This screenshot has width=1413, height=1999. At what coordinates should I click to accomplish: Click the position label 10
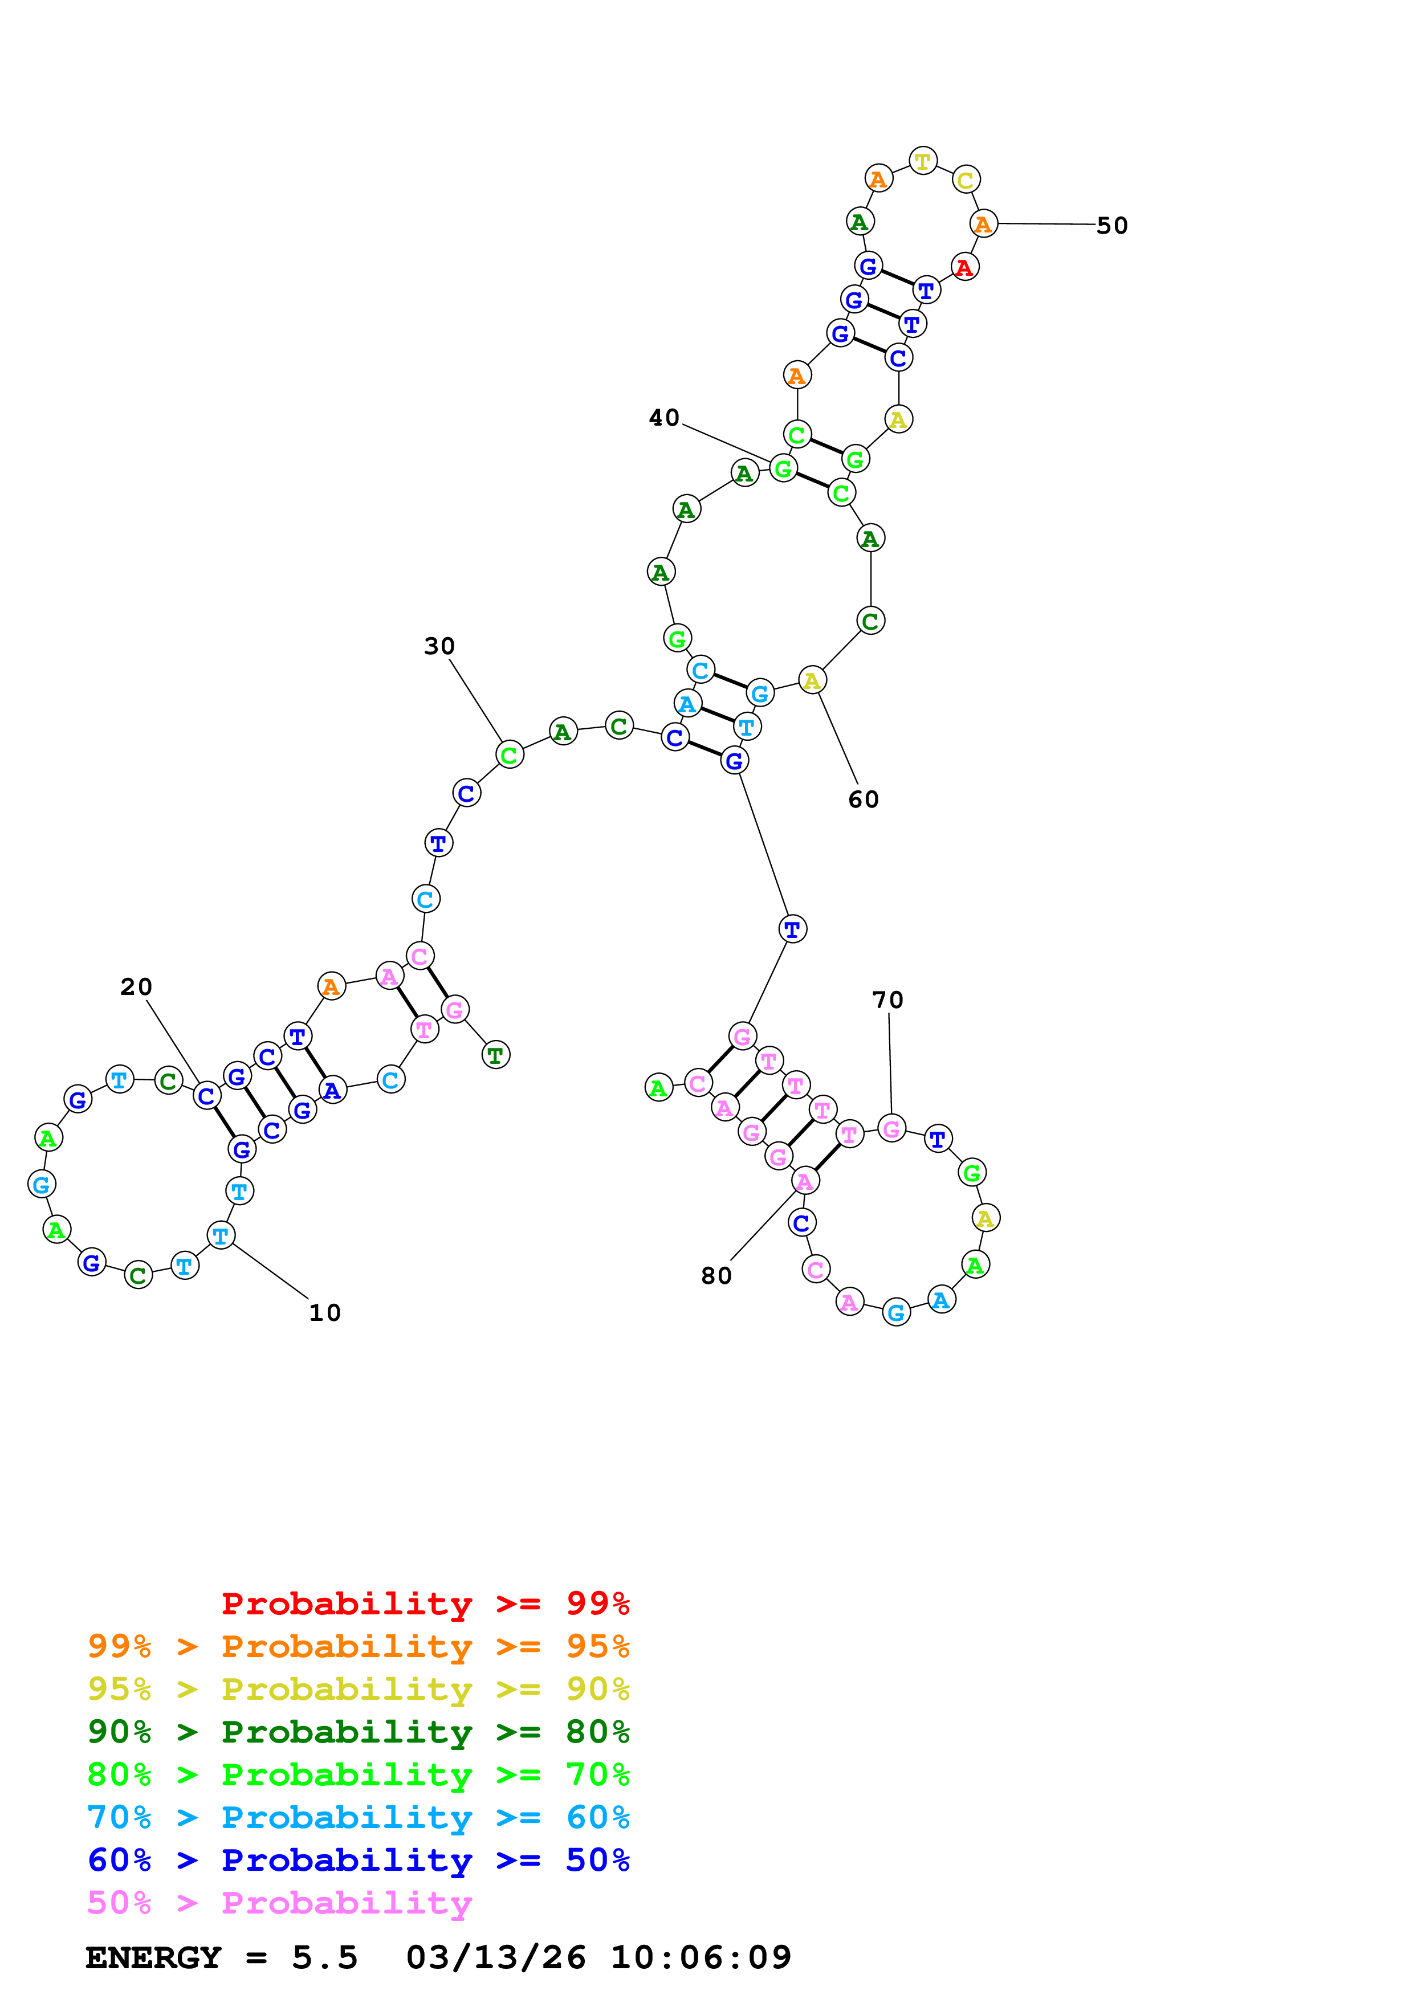(x=325, y=1313)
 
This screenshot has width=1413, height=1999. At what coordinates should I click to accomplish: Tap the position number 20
(x=136, y=988)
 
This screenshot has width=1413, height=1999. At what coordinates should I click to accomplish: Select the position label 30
(x=439, y=647)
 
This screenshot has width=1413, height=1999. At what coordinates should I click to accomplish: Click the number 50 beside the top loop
(x=1112, y=226)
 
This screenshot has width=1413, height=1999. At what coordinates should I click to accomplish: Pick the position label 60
(x=863, y=800)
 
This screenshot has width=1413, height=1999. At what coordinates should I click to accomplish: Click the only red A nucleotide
(x=964, y=267)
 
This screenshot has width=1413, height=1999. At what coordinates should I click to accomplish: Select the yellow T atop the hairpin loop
(x=923, y=161)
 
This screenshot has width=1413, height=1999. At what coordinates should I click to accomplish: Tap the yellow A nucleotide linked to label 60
(x=812, y=681)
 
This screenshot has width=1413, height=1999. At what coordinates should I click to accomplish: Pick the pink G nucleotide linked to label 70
(x=891, y=1129)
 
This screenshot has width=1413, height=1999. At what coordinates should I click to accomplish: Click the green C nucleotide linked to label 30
(x=510, y=755)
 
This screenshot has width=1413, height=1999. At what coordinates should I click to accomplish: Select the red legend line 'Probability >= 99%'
(x=425, y=1604)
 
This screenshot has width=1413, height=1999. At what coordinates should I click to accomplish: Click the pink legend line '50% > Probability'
(x=279, y=1903)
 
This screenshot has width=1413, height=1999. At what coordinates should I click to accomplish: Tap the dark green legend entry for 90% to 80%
(x=358, y=1732)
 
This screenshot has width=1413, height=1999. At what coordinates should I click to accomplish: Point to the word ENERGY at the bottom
(x=153, y=1958)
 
